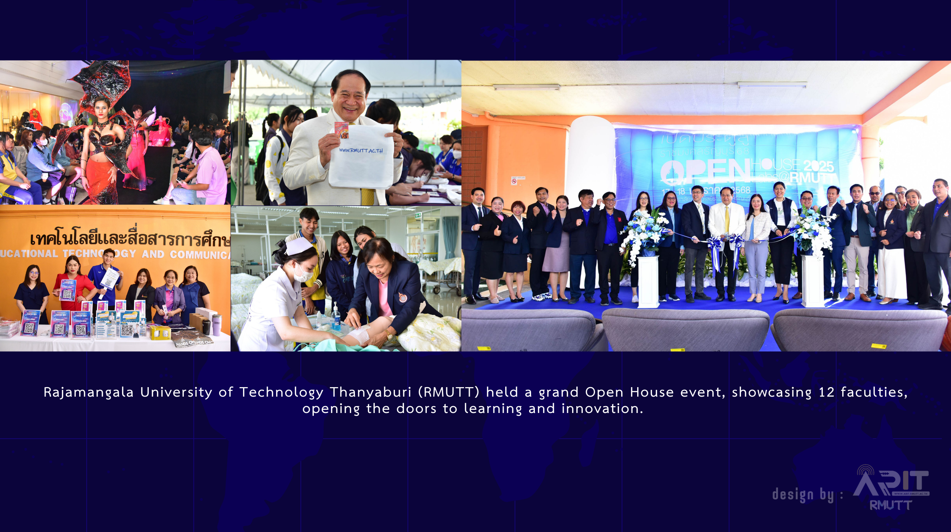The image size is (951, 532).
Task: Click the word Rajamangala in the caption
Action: point(88,392)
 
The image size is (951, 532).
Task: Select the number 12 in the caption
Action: point(826,392)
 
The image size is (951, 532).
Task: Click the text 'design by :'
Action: point(807,495)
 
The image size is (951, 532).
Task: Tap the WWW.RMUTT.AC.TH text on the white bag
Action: point(361,151)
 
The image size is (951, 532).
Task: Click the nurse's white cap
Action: point(299,246)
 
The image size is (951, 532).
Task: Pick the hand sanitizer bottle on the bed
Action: point(336,317)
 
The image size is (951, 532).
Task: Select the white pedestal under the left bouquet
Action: point(648,281)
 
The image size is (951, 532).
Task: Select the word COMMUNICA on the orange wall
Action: point(200,254)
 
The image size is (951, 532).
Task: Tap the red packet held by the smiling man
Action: point(341,130)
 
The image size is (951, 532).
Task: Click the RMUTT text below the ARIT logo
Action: point(891,505)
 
